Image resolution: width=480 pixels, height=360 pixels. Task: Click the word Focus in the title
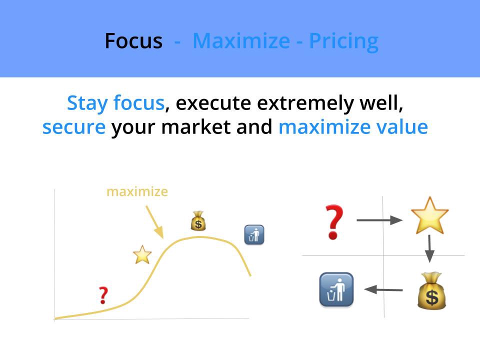tap(133, 41)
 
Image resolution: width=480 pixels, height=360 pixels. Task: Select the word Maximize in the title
tap(241, 41)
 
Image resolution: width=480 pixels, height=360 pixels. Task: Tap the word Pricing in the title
tap(344, 42)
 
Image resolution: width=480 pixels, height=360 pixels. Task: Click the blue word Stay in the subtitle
tap(87, 103)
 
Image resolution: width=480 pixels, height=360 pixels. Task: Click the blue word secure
tap(74, 127)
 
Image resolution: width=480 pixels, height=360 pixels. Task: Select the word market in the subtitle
tap(196, 126)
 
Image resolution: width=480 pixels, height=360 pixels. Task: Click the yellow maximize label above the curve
tap(137, 192)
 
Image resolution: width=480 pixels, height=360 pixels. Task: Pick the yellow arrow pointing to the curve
tap(154, 222)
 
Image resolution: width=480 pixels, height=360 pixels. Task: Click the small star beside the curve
tap(142, 254)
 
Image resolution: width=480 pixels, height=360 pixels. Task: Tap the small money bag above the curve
tap(198, 221)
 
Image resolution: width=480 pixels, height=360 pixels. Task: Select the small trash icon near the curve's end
tap(254, 235)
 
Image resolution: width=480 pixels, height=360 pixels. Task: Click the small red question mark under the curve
tap(103, 295)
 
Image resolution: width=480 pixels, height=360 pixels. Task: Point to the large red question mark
tap(334, 222)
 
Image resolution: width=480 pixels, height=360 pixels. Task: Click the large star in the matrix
tap(430, 215)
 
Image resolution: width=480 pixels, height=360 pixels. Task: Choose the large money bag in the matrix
tap(431, 291)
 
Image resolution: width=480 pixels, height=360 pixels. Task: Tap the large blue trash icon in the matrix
tap(336, 289)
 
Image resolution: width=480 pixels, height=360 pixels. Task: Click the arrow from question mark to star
tap(379, 220)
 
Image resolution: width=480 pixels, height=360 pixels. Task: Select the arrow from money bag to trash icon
tap(383, 289)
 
